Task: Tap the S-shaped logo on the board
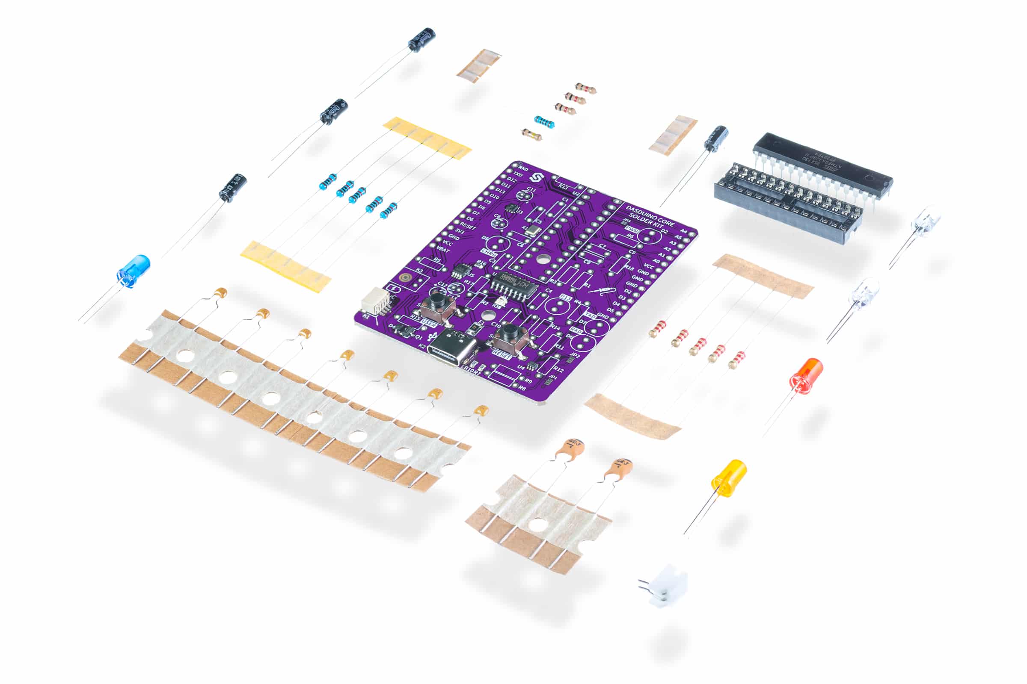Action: click(x=534, y=178)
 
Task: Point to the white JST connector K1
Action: click(x=376, y=301)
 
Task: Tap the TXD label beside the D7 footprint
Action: click(x=591, y=315)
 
